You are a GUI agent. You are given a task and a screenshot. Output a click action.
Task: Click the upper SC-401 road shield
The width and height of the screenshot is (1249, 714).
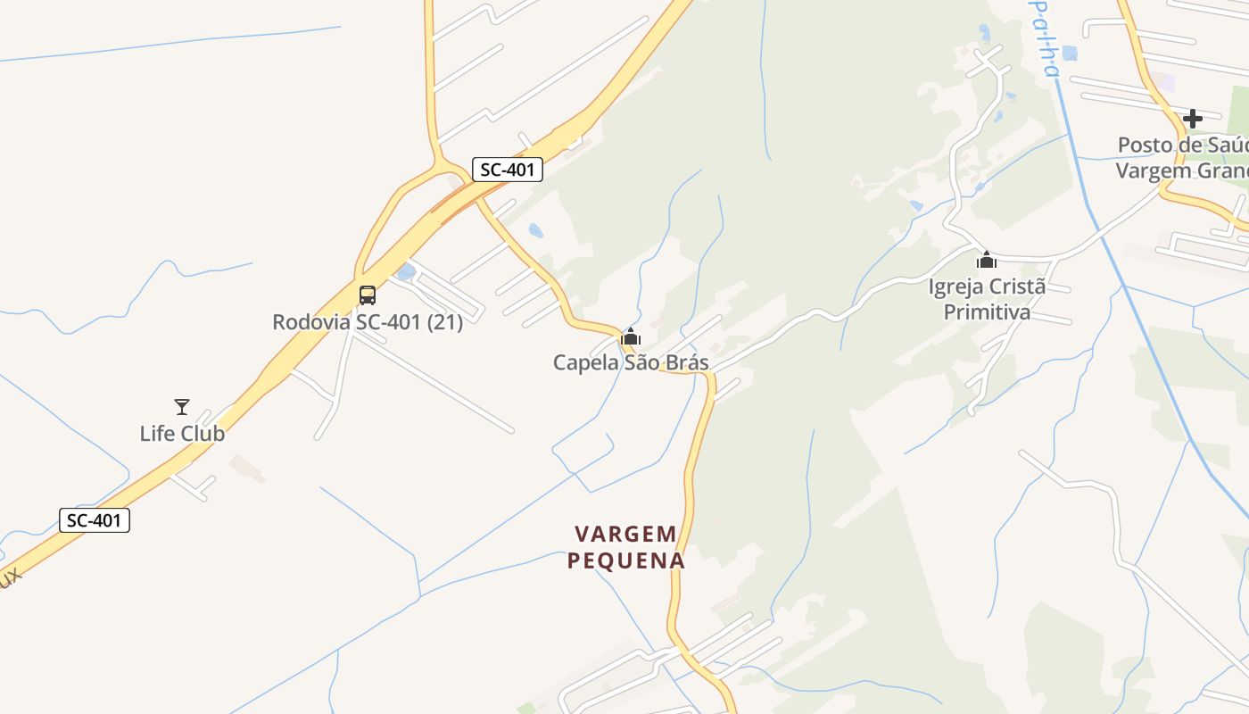[507, 170]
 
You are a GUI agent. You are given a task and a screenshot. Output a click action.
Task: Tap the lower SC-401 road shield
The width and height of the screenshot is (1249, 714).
[95, 520]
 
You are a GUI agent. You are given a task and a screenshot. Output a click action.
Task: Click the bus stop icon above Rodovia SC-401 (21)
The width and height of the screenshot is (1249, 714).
[368, 295]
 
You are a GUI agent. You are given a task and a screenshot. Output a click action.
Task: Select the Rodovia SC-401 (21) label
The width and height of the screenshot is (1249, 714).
[368, 322]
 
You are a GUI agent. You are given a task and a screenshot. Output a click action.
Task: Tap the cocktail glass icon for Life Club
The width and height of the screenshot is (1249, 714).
[182, 407]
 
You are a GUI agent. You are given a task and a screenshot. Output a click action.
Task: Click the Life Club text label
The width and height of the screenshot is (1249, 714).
[182, 434]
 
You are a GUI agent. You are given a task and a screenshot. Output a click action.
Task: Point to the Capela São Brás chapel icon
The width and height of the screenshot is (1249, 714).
[631, 337]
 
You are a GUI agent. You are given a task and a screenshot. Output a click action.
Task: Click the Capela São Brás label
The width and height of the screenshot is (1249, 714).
[631, 362]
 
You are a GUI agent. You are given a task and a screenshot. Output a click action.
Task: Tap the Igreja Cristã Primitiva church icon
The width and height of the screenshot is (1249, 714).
[987, 261]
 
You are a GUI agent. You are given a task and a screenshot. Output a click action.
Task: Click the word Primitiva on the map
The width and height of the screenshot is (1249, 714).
[987, 312]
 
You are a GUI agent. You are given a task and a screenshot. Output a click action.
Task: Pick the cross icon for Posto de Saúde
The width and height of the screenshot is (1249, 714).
[1192, 119]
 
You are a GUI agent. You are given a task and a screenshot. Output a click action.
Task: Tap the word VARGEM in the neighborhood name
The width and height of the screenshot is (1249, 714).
[625, 535]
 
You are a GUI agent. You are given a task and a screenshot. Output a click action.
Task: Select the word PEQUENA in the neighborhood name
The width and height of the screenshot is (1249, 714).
[625, 561]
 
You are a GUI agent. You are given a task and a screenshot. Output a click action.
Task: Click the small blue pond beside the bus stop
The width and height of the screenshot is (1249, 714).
[405, 271]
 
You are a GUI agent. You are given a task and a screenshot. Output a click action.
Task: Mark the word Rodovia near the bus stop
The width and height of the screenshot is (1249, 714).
[311, 322]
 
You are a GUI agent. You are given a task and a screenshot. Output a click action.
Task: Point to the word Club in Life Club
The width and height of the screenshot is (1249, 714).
[203, 434]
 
